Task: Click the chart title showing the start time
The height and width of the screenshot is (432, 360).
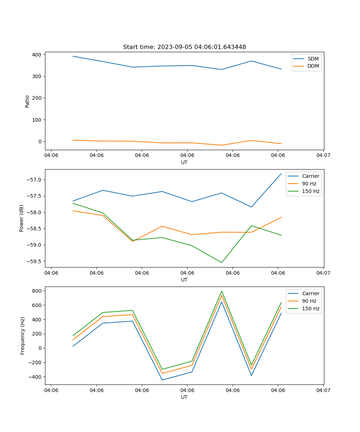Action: point(184,47)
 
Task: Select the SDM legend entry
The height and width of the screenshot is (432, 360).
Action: point(313,59)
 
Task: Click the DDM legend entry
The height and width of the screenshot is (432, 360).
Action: point(313,66)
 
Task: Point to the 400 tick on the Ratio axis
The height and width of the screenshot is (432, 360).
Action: point(37,55)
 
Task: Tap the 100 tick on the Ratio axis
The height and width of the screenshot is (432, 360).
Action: point(37,120)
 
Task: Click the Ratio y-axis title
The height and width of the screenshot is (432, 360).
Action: point(27,101)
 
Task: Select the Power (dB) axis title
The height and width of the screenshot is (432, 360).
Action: point(22,218)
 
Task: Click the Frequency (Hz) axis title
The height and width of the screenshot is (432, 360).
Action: point(23,336)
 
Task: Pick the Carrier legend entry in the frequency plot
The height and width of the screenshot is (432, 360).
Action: point(311,293)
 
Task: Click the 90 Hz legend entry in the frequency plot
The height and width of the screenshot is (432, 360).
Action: point(309,301)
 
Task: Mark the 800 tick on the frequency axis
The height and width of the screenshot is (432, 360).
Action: point(38,291)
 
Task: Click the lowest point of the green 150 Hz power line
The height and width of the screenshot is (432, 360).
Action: point(221,262)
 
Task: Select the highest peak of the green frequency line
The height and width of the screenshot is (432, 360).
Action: point(221,291)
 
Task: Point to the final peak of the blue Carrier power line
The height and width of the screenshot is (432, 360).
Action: point(281,174)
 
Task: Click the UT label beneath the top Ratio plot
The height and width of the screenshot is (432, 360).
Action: point(184,162)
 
